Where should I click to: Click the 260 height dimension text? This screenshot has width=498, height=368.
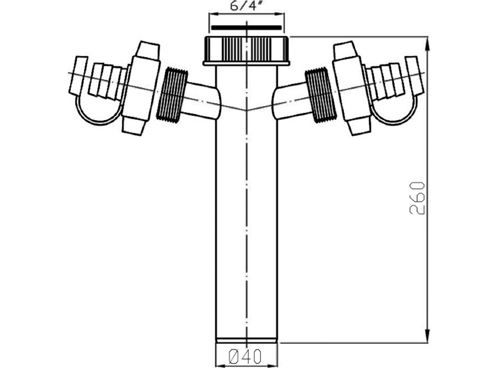tap(418, 198)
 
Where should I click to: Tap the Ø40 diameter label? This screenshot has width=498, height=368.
tap(245, 356)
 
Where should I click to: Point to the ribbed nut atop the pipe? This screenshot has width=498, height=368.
tap(246, 51)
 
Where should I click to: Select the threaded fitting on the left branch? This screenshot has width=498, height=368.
tap(172, 94)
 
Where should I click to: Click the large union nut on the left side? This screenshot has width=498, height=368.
tap(141, 88)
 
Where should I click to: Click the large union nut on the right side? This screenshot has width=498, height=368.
tap(352, 88)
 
